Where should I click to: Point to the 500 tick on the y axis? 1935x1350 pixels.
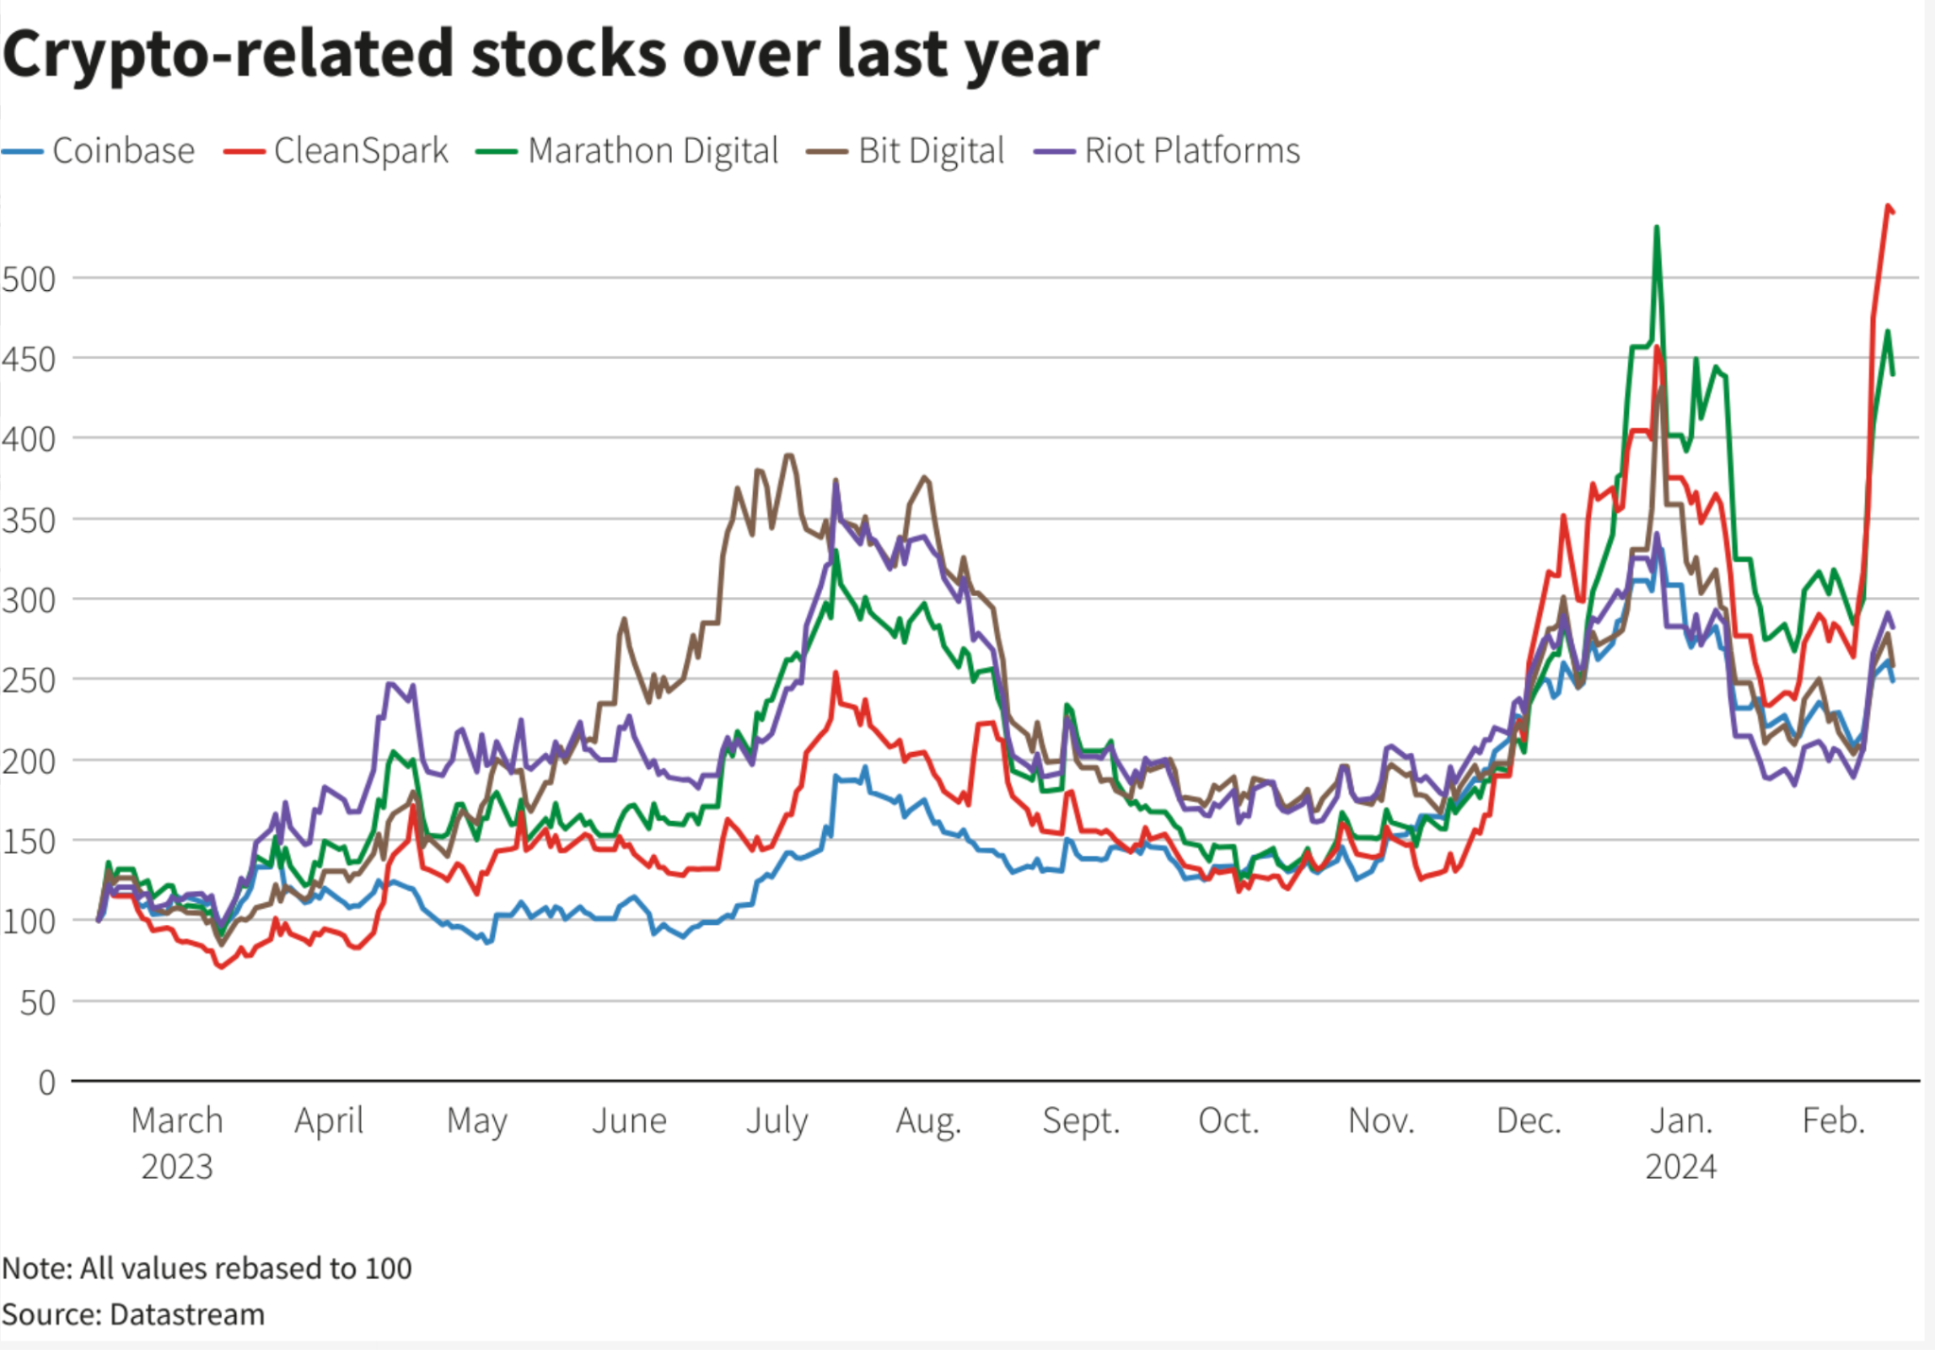click(x=29, y=280)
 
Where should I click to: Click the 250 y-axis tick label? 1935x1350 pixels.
click(x=29, y=680)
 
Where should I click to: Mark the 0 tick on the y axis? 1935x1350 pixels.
click(x=46, y=1083)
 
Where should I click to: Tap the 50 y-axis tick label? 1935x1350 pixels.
click(x=38, y=1002)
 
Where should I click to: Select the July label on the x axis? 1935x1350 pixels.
click(x=777, y=1121)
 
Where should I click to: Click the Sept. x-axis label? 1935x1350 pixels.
click(x=1081, y=1121)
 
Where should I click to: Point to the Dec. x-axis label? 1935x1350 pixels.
click(x=1529, y=1121)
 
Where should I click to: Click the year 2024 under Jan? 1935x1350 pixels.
click(x=1681, y=1168)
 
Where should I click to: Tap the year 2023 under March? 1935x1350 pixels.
click(x=177, y=1168)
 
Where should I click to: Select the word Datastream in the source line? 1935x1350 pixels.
click(x=187, y=1314)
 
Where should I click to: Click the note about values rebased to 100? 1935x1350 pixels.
click(x=207, y=1268)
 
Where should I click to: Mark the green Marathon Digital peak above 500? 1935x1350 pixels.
click(x=1656, y=228)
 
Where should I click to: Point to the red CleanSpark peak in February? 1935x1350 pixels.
click(x=1888, y=206)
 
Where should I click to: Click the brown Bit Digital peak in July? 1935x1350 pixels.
click(x=789, y=455)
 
